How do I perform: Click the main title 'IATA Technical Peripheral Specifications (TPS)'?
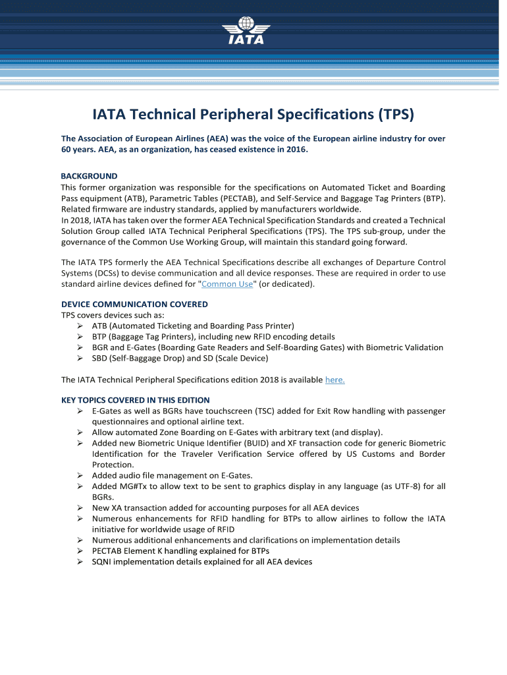253,115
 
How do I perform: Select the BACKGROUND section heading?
89,176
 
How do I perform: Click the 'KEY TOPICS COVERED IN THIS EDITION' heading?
136,400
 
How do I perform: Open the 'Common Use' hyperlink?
227,284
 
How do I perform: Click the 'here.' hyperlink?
335,380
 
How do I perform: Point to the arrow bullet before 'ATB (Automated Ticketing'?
79,326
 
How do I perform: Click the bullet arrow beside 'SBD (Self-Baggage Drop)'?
79,358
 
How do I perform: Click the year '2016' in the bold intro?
294,150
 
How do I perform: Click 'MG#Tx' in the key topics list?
137,486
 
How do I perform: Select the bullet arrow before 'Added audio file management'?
79,475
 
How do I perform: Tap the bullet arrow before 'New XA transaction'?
79,508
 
